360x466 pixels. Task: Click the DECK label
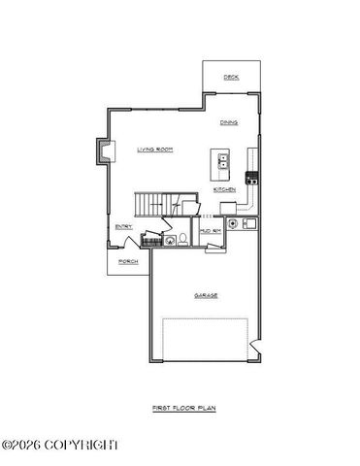pyautogui.click(x=231, y=77)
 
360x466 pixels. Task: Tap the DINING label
pyautogui.click(x=229, y=122)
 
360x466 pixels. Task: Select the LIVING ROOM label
pyautogui.click(x=154, y=149)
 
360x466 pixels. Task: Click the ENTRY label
pyautogui.click(x=123, y=226)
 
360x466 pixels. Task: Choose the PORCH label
pyautogui.click(x=128, y=261)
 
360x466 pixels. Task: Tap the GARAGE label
pyautogui.click(x=206, y=294)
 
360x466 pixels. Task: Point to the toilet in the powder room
pyautogui.click(x=181, y=240)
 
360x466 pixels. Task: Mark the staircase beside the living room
pyautogui.click(x=153, y=205)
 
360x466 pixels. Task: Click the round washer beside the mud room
pyautogui.click(x=233, y=225)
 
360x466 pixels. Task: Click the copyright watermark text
pyautogui.click(x=60, y=445)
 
